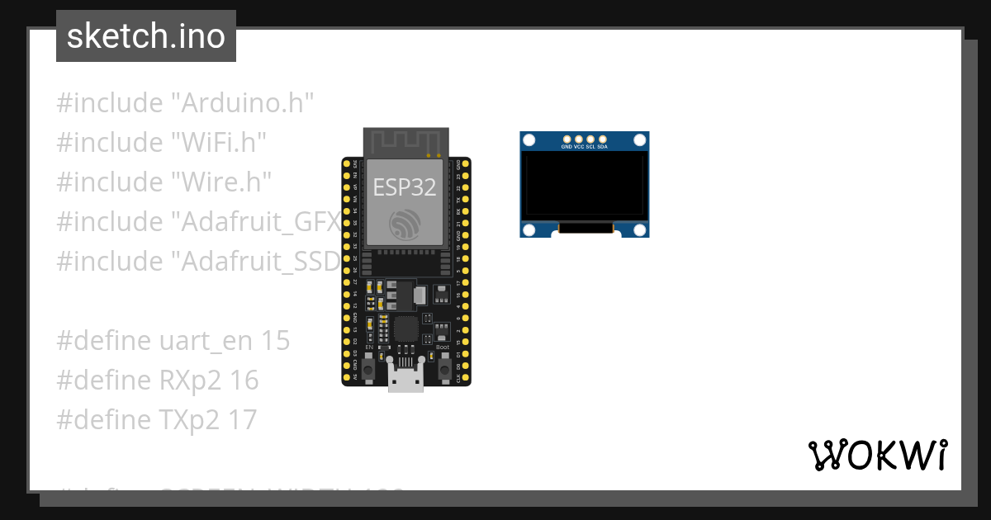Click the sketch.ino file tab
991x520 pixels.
[x=146, y=36]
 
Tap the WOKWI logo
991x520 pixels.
[x=877, y=455]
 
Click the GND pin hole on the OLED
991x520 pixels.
[x=567, y=139]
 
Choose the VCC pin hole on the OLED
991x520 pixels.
[x=579, y=139]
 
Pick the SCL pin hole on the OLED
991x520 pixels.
[x=590, y=139]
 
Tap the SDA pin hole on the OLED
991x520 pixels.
[x=602, y=139]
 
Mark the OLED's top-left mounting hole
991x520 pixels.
[x=529, y=141]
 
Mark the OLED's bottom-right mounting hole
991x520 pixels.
[x=640, y=229]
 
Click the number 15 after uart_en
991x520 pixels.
[x=276, y=341]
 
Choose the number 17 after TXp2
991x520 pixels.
[x=242, y=420]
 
